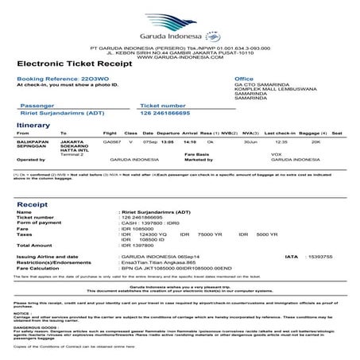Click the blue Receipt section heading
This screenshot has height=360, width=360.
pyautogui.click(x=31, y=204)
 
